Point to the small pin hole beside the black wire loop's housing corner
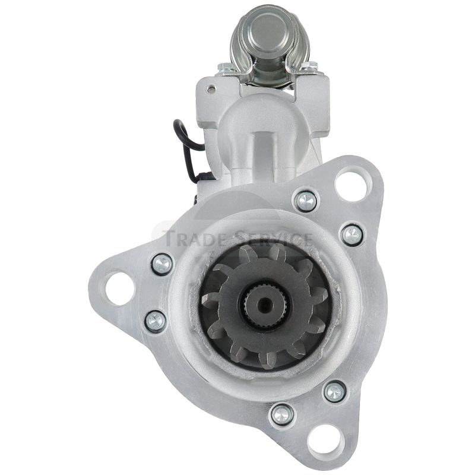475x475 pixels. click(x=212, y=89)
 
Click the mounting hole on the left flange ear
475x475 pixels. click(x=120, y=289)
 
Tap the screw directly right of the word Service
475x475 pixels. click(x=352, y=235)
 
